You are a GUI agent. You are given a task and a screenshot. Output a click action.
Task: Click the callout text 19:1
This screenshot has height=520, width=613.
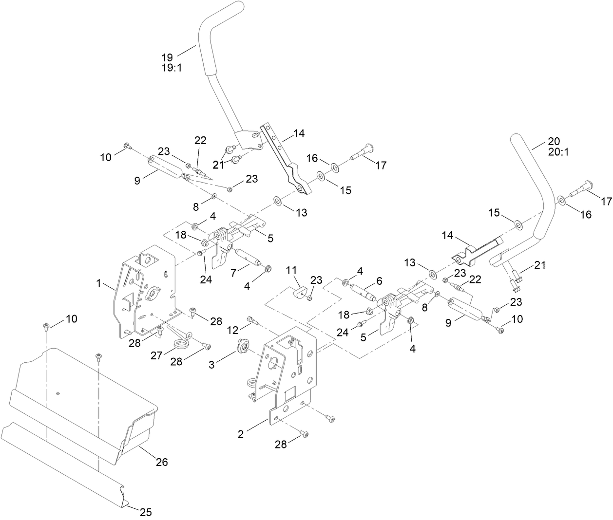pyautogui.click(x=171, y=68)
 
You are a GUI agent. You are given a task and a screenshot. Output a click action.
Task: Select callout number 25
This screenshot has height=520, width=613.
pyautogui.click(x=146, y=512)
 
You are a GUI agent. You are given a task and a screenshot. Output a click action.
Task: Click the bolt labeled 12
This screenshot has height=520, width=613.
pyautogui.click(x=252, y=319)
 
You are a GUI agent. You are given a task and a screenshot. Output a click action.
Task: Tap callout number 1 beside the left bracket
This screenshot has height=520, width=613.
pyautogui.click(x=99, y=283)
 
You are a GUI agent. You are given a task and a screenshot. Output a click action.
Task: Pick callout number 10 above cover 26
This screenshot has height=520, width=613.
pyautogui.click(x=71, y=318)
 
